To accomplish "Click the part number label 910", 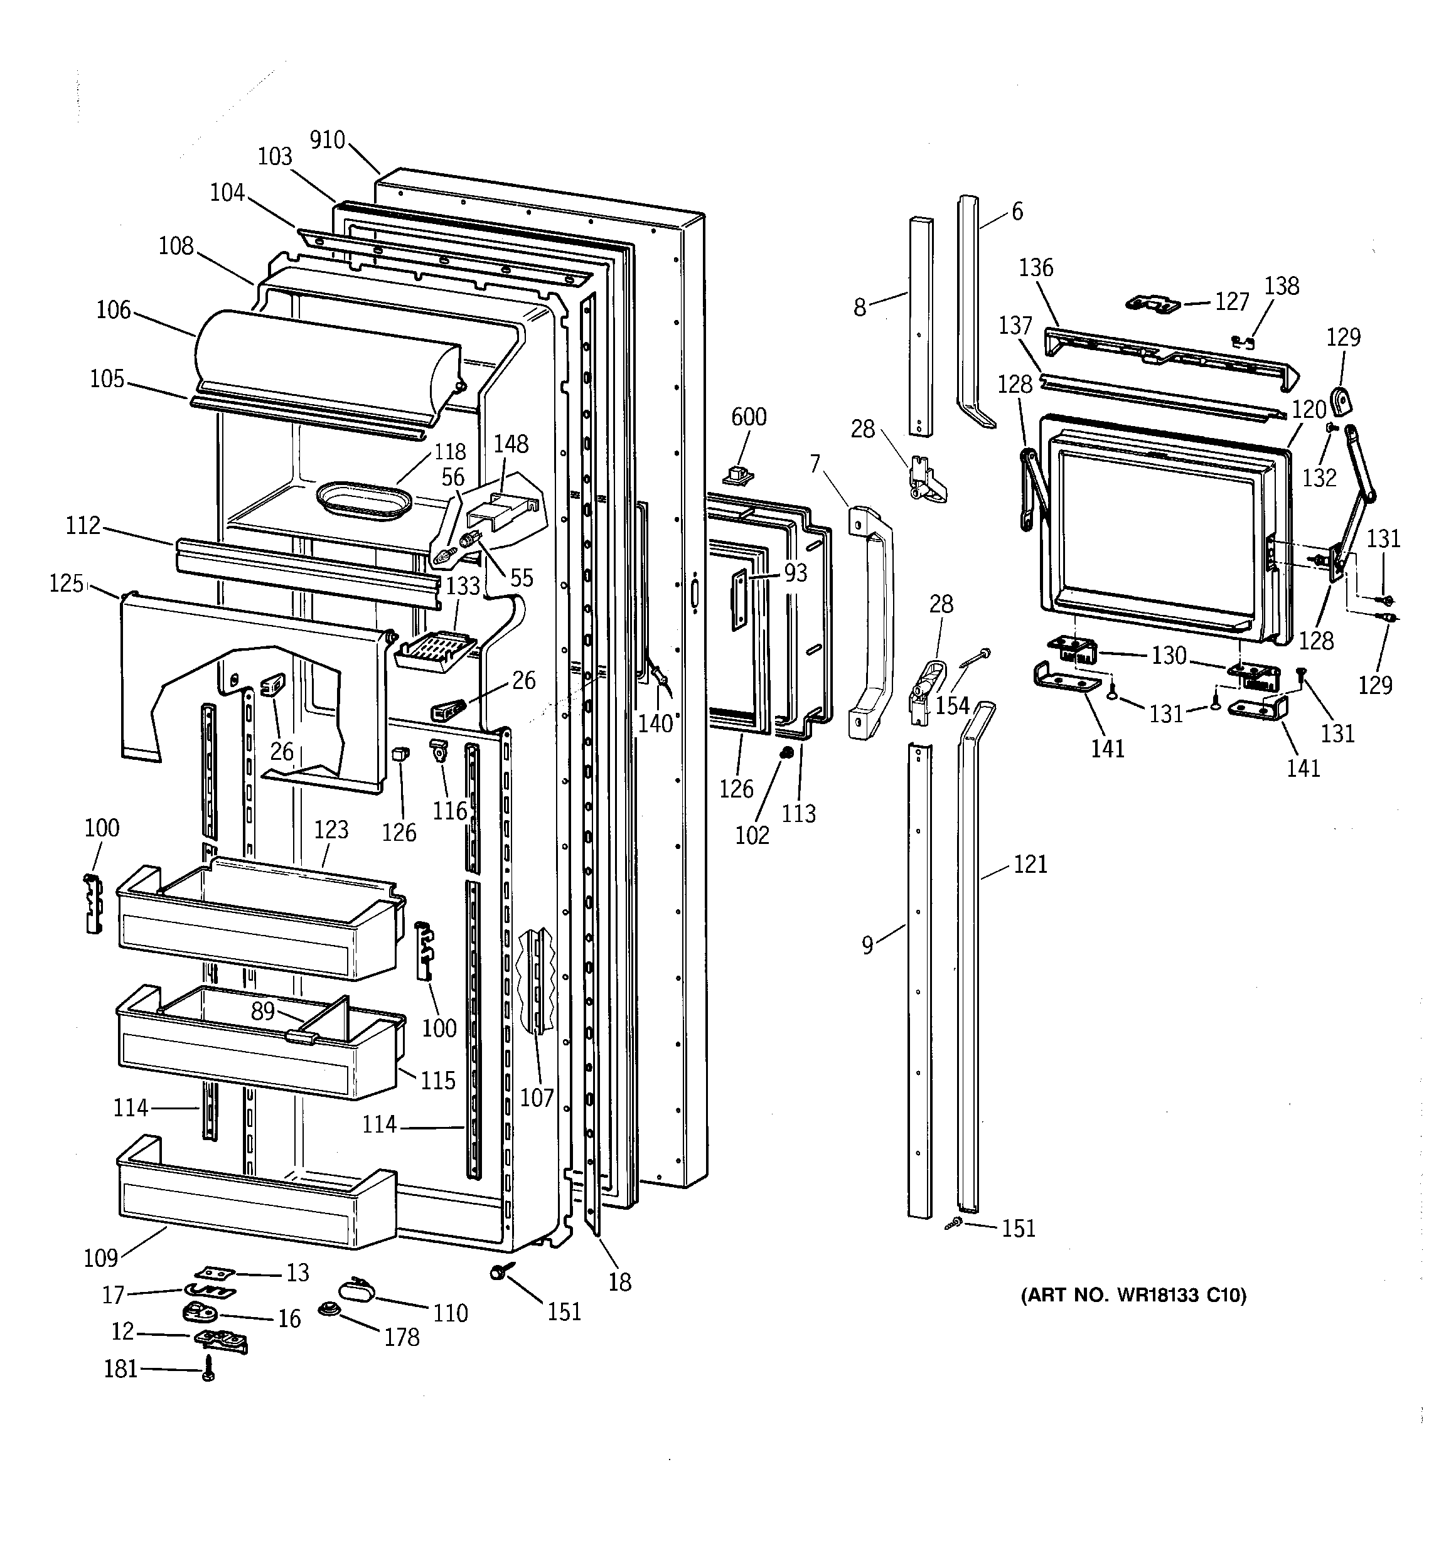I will click(x=327, y=140).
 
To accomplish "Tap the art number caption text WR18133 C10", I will click(x=1133, y=1296).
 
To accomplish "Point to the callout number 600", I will click(x=748, y=417).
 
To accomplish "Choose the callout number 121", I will click(x=1029, y=864).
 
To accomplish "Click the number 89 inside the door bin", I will click(x=262, y=1011).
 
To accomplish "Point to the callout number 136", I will click(x=1036, y=268).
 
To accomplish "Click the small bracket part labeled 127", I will click(x=1152, y=302).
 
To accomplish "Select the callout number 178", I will click(x=402, y=1337).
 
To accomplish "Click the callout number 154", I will click(x=952, y=705).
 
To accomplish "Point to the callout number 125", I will click(x=67, y=583).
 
